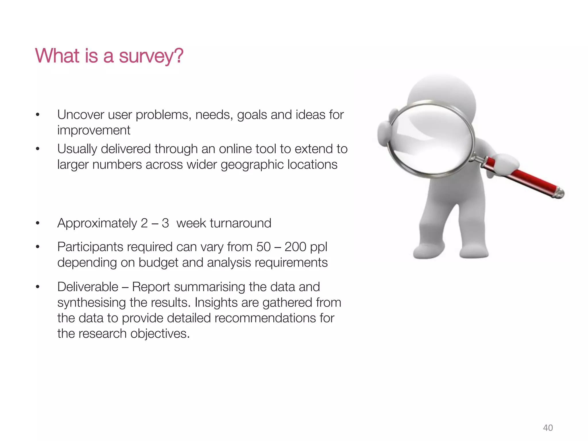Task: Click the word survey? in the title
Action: tap(151, 56)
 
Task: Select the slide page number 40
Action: tap(548, 428)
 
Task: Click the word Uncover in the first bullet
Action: tap(81, 115)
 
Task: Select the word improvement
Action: tap(94, 130)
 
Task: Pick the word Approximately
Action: tap(97, 223)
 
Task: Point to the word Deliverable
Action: tap(88, 287)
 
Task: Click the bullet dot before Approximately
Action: tap(37, 223)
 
